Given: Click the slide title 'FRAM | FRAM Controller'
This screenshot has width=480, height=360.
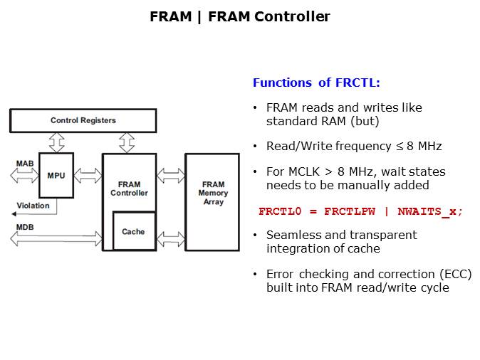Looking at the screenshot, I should pyautogui.click(x=240, y=17).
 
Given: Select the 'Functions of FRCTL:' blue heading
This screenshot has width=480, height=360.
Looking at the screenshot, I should pyautogui.click(x=316, y=83).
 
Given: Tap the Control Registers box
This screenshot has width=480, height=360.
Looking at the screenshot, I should pyautogui.click(x=83, y=120).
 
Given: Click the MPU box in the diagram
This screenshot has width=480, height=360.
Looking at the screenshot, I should pyautogui.click(x=56, y=175).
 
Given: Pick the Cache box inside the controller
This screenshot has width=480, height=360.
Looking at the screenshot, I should pyautogui.click(x=133, y=231).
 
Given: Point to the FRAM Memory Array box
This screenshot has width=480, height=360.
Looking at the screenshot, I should pyautogui.click(x=212, y=201).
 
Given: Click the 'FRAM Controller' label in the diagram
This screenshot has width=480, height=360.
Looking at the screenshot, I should pyautogui.click(x=129, y=189).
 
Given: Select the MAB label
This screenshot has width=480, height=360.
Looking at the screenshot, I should pyautogui.click(x=24, y=164).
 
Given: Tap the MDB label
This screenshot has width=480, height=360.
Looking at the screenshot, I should pyautogui.click(x=24, y=228).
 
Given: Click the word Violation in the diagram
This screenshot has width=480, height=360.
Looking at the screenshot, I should pyautogui.click(x=33, y=206).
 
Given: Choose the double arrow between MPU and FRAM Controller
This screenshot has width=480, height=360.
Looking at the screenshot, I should pyautogui.click(x=88, y=175).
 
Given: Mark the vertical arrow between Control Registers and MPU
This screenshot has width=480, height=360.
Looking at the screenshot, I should pyautogui.click(x=56, y=142).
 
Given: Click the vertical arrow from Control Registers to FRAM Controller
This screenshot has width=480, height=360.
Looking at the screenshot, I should pyautogui.click(x=127, y=142).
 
